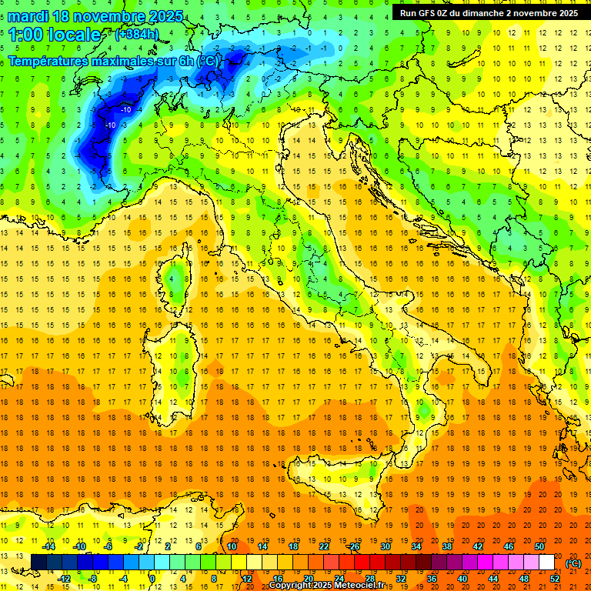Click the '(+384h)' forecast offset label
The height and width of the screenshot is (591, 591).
click(x=138, y=34)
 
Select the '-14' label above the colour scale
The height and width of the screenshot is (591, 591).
click(x=49, y=546)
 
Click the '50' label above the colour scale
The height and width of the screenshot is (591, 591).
click(x=539, y=546)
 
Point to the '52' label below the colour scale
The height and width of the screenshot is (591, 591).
click(x=554, y=578)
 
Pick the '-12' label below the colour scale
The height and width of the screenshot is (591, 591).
click(x=65, y=578)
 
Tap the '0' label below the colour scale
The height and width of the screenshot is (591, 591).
click(x=152, y=578)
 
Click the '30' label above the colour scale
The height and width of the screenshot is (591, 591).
click(x=385, y=546)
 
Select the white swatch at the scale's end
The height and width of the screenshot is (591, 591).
click(x=546, y=562)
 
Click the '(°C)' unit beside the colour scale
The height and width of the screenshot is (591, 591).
click(x=573, y=563)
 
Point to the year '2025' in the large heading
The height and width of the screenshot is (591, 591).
click(x=165, y=15)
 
